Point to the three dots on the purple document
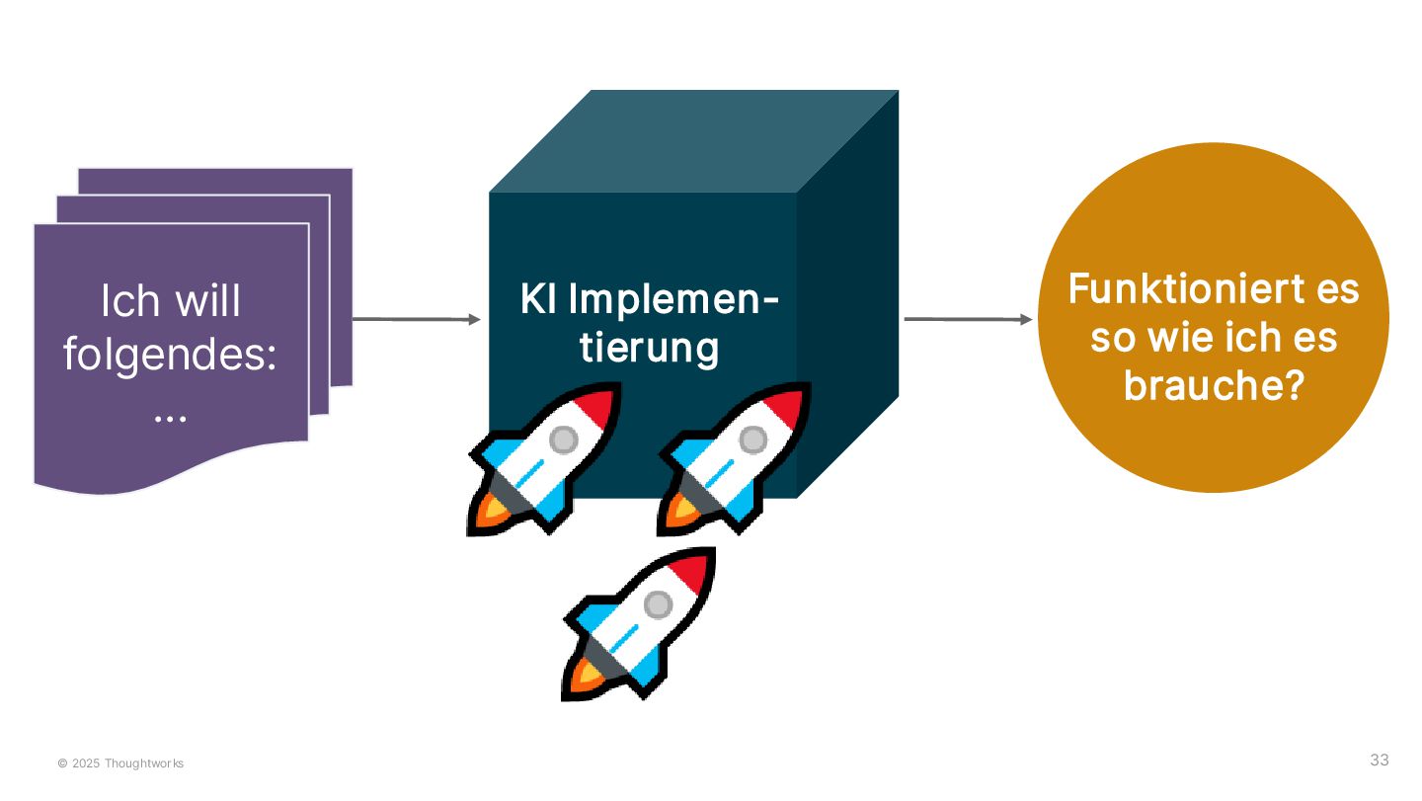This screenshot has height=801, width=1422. (x=170, y=417)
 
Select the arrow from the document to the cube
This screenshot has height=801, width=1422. (x=415, y=319)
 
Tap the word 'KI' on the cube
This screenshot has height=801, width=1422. (x=538, y=300)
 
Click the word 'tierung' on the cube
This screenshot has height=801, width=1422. (x=649, y=348)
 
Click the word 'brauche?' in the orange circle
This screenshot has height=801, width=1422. (x=1214, y=385)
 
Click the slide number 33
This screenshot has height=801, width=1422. (x=1379, y=760)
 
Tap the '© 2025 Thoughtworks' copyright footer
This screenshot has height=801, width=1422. (x=120, y=763)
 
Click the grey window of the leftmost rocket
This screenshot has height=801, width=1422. (x=563, y=439)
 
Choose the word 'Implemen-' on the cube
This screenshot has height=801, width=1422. (x=672, y=300)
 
